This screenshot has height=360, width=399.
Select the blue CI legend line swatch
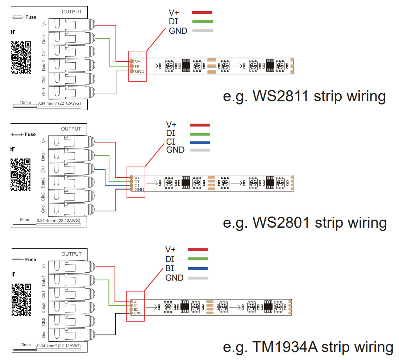coord(200,142)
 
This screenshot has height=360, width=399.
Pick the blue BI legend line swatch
coord(198,269)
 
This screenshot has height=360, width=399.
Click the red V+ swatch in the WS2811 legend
coord(202,13)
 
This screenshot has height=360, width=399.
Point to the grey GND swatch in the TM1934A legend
coord(198,278)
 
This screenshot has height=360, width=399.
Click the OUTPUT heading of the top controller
coord(72,12)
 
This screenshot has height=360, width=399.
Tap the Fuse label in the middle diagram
coord(30,134)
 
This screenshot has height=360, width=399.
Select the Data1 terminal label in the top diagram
coord(44,39)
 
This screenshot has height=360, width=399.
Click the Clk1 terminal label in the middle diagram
coord(43,169)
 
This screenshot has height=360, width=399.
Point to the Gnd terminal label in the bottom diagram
coord(43,334)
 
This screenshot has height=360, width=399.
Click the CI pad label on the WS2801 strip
coord(137,185)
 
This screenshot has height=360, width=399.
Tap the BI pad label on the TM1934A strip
coord(136,309)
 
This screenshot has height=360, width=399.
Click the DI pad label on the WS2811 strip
coord(137,66)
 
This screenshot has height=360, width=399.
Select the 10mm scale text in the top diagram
coord(25,103)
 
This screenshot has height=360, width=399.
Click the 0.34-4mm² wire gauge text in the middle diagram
coord(58,220)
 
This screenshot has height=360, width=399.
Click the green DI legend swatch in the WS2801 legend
coord(200,133)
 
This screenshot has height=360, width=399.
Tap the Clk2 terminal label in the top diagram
coord(44,79)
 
